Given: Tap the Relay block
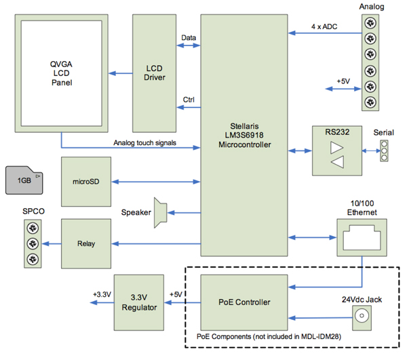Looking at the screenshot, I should [x=85, y=243].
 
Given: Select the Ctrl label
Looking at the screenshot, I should [x=189, y=100].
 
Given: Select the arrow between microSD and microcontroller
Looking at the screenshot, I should [x=156, y=182].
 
